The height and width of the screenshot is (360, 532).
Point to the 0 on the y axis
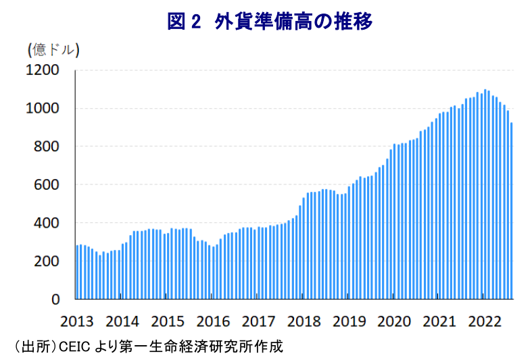coord(57,299)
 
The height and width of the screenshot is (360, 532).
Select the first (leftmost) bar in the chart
coord(76,272)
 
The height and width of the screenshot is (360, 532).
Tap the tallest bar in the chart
coord(485,195)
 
